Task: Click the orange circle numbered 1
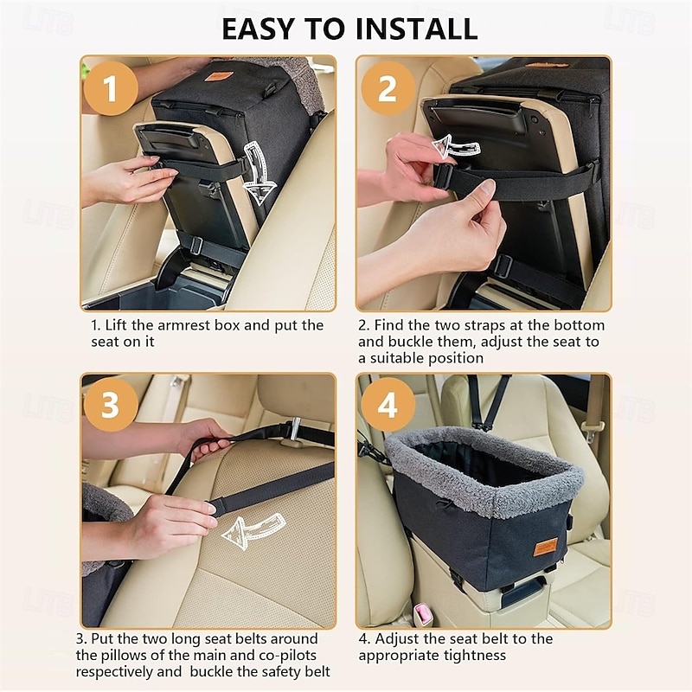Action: point(111,88)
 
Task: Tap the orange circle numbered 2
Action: point(388,88)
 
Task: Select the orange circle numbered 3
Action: point(111,405)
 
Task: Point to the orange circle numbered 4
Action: point(388,405)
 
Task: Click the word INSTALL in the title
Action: point(416,29)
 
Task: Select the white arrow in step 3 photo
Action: point(253,532)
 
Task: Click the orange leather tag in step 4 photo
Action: point(546,548)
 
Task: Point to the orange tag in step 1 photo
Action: point(217,76)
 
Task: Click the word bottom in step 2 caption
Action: point(579,325)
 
